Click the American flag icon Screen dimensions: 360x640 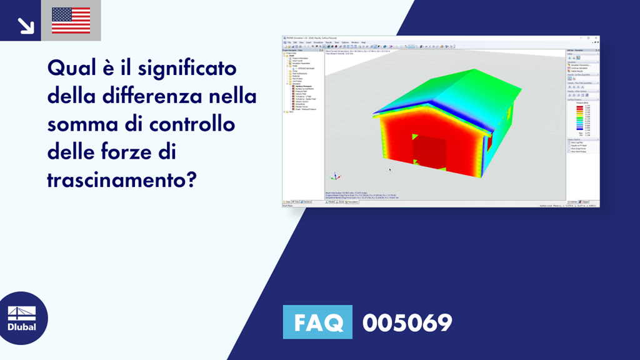tap(71, 21)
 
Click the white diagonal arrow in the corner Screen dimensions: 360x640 tap(26, 25)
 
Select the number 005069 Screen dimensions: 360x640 tap(407, 322)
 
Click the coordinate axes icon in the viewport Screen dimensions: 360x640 tap(335, 177)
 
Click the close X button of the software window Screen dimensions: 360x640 tap(596, 37)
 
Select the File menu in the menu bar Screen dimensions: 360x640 tap(289, 42)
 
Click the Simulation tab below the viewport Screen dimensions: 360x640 tap(353, 202)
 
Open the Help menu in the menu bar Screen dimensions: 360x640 tap(364, 42)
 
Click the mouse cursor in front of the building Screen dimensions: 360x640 tap(389, 169)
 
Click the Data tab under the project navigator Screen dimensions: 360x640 tap(287, 202)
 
